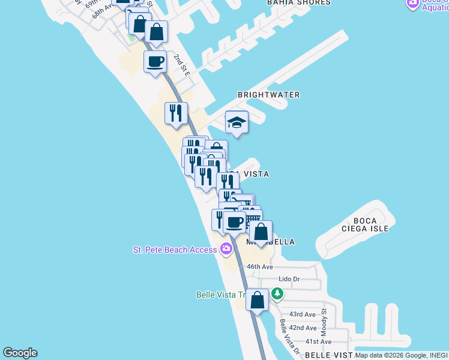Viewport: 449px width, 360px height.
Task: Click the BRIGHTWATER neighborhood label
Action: pos(268,95)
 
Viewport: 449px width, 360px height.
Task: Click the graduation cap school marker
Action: pos(237,123)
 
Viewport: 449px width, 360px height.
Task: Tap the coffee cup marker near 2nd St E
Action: pos(155,62)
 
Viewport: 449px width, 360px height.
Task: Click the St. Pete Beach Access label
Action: pos(175,250)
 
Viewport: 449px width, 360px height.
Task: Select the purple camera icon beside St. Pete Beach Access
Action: pos(226,249)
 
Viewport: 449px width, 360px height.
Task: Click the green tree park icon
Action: pos(277,294)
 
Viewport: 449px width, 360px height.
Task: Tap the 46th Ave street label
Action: pos(259,266)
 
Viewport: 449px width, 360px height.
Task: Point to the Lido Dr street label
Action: pos(289,280)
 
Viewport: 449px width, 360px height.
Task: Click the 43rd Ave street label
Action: pos(302,314)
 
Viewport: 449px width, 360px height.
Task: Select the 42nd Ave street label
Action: pos(303,328)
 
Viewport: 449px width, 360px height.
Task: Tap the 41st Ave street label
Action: pos(319,341)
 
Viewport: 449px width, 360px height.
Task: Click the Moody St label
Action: pos(324,322)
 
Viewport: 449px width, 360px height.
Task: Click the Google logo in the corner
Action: pos(20,353)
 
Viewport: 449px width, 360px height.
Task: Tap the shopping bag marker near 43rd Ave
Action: pos(257,300)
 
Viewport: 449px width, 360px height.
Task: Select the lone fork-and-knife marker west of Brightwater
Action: pos(176,113)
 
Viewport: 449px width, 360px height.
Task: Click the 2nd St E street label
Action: pos(182,65)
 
